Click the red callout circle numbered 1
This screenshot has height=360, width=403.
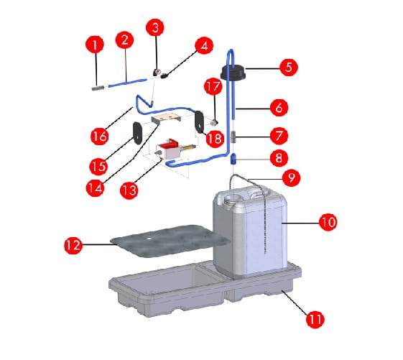pos(95,45)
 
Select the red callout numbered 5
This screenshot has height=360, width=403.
pos(289,68)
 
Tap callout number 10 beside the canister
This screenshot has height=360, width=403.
pos(328,222)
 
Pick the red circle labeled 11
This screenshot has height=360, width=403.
pos(315,319)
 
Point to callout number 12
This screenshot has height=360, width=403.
pos(73,245)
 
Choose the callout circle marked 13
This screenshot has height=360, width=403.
pos(129,190)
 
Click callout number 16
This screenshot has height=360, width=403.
pos(100,136)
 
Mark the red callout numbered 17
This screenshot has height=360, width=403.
pos(213,87)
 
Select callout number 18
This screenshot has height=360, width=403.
pos(215,139)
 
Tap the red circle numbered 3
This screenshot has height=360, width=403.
pos(155,27)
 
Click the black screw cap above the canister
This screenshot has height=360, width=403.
pos(233,73)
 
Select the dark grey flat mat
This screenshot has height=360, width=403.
pos(170,241)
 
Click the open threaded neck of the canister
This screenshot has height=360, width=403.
pos(233,199)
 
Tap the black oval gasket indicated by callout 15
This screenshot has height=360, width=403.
pos(137,133)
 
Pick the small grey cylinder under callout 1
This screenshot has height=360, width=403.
pos(98,88)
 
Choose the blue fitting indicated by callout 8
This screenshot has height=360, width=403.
pos(233,159)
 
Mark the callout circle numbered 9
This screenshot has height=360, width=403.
pos(291,177)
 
